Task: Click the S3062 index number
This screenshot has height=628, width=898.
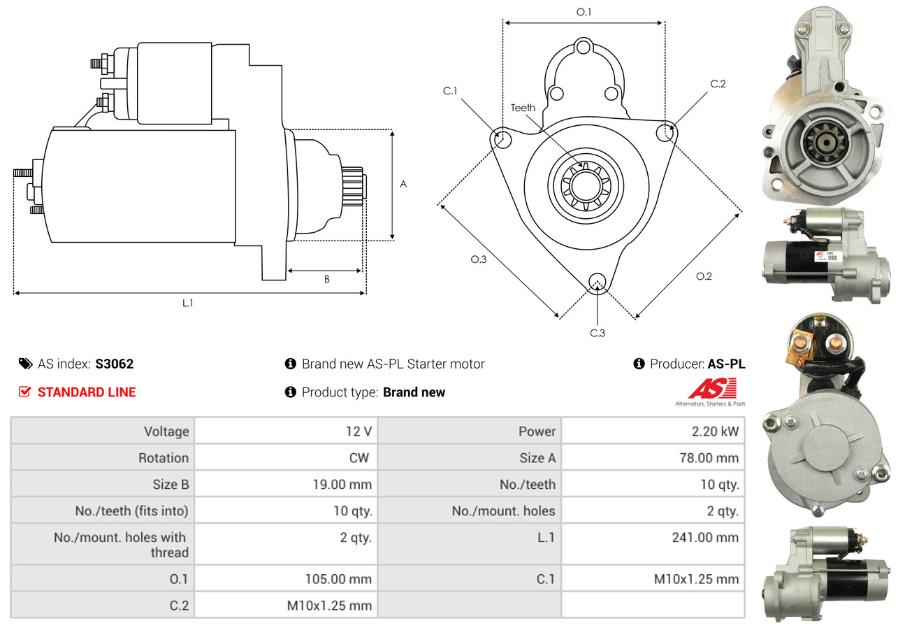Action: click(114, 364)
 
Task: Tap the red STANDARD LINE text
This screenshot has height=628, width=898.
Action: click(87, 392)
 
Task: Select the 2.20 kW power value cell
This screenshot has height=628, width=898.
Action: click(715, 431)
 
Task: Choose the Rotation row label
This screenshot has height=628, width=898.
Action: click(163, 458)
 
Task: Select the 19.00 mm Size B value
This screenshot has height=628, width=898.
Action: click(342, 484)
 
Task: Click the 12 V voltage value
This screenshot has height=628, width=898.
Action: click(358, 431)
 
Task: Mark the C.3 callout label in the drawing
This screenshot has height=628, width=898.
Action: click(597, 333)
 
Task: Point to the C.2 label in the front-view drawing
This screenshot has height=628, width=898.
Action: click(718, 84)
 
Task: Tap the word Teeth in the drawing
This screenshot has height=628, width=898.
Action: click(523, 108)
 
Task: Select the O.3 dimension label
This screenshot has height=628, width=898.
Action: click(478, 259)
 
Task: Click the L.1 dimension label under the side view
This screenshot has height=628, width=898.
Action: click(187, 303)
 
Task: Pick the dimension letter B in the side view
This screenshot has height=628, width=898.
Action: click(326, 279)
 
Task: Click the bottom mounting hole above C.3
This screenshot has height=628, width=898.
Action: click(597, 281)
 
